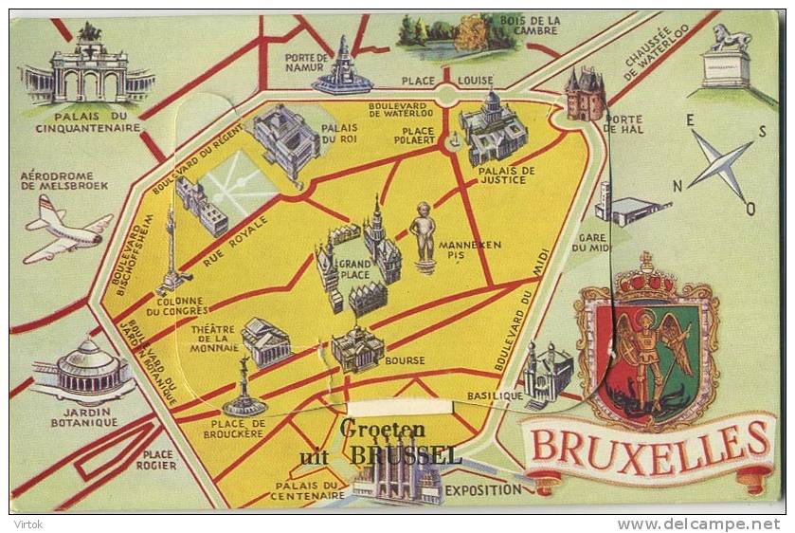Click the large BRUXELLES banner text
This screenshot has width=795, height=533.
click(650, 443)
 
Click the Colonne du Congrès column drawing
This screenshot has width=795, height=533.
click(171, 251)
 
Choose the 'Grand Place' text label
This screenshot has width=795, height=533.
click(355, 268)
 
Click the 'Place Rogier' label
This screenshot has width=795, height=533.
click(155, 460)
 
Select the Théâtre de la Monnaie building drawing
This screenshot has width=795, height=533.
click(266, 341)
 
